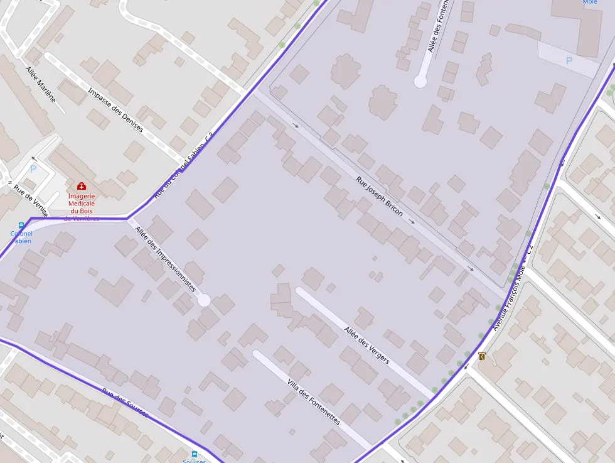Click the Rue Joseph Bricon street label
[380, 197]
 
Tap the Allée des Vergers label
[366, 346]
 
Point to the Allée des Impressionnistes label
[166, 258]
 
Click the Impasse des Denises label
[116, 110]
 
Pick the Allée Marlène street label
[41, 85]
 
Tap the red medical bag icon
[82, 186]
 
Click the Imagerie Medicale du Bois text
[82, 204]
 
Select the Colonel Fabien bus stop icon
[21, 225]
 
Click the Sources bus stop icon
[195, 454]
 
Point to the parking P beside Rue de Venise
[33, 168]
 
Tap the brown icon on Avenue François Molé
[482, 356]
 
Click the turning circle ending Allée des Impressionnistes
[204, 300]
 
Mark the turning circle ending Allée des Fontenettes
[420, 81]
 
